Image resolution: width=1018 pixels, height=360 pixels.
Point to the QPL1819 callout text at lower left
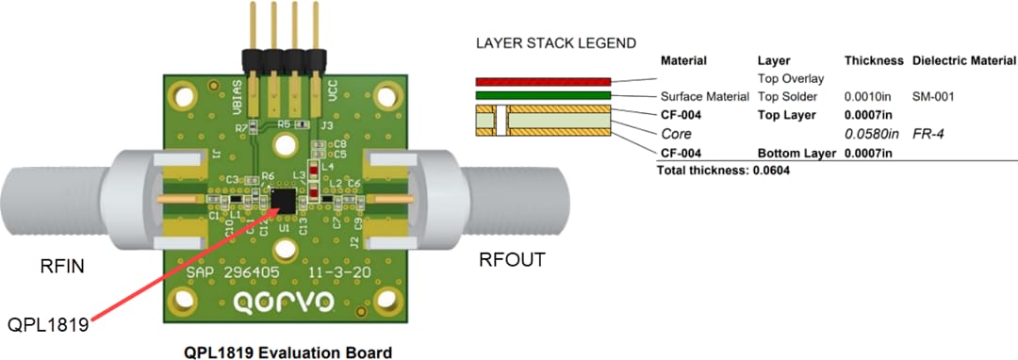tap(46, 325)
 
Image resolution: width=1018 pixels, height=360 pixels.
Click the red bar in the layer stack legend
tap(543, 81)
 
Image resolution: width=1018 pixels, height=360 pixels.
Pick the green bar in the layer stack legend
tap(543, 95)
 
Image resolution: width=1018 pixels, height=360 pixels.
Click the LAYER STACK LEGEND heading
tap(555, 43)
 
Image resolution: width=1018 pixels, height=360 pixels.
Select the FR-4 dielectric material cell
tap(928, 134)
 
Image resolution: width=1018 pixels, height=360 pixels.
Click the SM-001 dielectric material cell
tap(934, 96)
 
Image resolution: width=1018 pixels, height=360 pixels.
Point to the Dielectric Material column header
tap(963, 60)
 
